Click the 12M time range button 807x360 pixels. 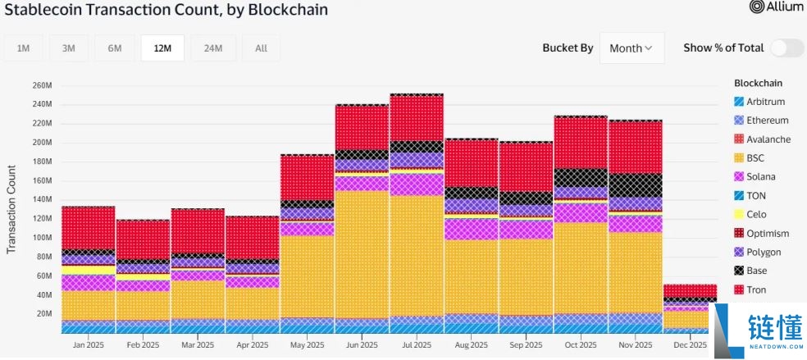point(162,48)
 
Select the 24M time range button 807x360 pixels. point(212,48)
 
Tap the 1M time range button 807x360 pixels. point(23,48)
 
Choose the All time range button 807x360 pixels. point(261,48)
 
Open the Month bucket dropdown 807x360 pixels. point(631,48)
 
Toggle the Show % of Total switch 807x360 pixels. point(786,48)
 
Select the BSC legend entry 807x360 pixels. point(756,158)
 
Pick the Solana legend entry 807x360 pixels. point(761,177)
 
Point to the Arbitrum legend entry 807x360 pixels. point(765,102)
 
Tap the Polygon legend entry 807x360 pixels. point(764,253)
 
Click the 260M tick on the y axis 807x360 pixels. point(42,85)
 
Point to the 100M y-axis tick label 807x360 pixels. point(42,238)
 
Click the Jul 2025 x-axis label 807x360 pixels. point(417,345)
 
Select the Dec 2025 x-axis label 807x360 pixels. point(690,345)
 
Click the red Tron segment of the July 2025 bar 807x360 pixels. point(417,118)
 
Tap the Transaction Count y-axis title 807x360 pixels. point(11,209)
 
